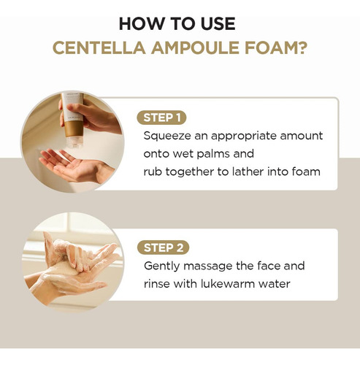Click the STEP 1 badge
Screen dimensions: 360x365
[x=161, y=118]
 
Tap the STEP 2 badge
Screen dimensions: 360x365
[x=163, y=247]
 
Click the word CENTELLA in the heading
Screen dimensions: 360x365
[x=99, y=47]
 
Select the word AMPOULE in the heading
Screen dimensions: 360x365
[x=196, y=47]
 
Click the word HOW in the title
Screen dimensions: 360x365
[x=142, y=24]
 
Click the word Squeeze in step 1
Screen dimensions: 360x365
[x=167, y=136]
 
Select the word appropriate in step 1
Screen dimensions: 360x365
[x=244, y=137]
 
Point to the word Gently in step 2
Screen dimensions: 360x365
[x=161, y=266]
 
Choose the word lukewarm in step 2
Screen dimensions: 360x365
[x=227, y=284]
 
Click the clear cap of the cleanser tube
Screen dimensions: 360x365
[x=74, y=142]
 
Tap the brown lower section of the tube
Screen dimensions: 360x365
[x=74, y=128]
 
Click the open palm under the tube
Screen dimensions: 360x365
[x=74, y=166]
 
